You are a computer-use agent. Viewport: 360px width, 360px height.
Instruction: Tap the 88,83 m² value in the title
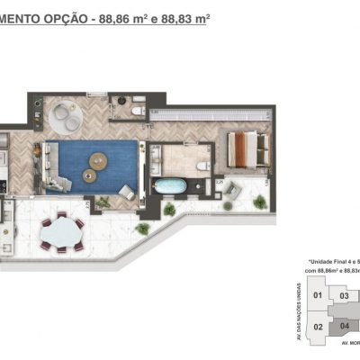point(184,17)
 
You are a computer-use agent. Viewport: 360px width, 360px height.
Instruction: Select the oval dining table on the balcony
point(60,230)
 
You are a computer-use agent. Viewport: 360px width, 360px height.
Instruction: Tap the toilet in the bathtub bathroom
point(202,165)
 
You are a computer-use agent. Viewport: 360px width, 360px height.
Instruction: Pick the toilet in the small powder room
point(136,111)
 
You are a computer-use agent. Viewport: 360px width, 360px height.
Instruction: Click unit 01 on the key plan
point(317,294)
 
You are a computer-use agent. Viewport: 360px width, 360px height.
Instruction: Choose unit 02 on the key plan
point(317,327)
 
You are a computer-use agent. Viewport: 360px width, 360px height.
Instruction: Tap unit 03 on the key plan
point(344,295)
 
